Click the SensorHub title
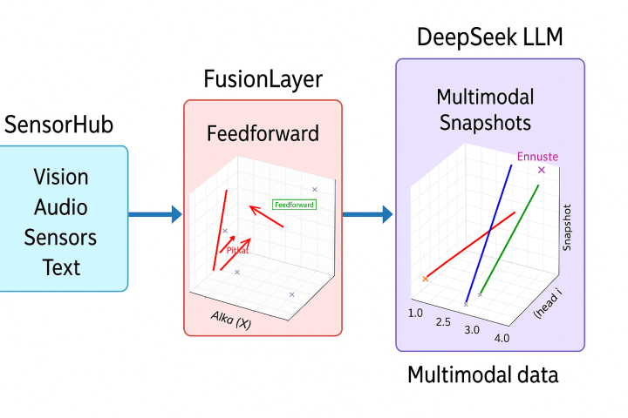58,124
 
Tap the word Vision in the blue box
61,177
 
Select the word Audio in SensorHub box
61,207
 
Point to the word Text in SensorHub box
61,266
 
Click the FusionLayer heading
263,80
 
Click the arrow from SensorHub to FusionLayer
155,213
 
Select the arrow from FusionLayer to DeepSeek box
367,213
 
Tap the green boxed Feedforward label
294,205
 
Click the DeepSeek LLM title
489,37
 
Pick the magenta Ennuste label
537,157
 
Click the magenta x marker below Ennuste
542,170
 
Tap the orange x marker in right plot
426,279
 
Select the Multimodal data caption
482,375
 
